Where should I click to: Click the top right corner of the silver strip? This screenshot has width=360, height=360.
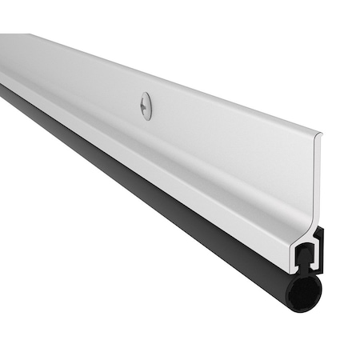pos(321,134)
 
